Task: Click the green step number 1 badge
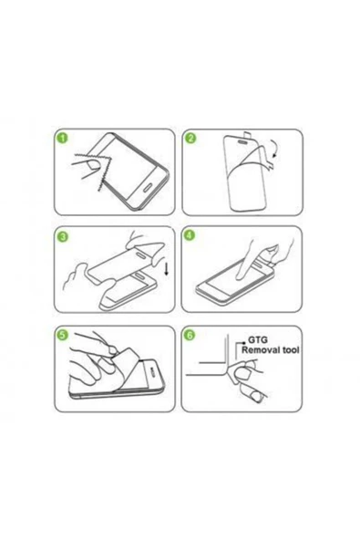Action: pos(63,139)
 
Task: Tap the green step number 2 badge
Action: pos(190,139)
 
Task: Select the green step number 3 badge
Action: pos(63,236)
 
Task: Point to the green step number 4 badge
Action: pos(190,235)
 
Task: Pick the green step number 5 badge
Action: pos(63,335)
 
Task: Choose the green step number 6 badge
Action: pos(190,335)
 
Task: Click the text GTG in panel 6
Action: pos(258,340)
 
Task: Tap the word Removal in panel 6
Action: pos(259,350)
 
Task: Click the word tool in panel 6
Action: pos(289,350)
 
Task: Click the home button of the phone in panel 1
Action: pos(149,188)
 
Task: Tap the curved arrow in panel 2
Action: pos(274,149)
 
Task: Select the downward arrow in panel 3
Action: pos(167,269)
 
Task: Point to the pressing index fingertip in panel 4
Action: pos(240,275)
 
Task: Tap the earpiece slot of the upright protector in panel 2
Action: pos(243,141)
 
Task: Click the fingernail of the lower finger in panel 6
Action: pos(256,397)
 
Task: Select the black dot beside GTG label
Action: pos(243,342)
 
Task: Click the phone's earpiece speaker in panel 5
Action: pos(153,370)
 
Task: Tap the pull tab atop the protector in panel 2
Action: pos(247,133)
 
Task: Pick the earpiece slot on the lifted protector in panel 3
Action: pos(141,254)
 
